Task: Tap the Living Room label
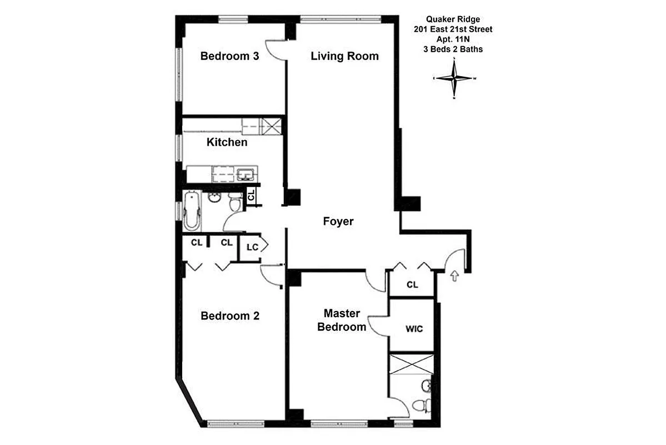(344, 56)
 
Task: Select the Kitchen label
(227, 142)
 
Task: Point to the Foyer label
(338, 221)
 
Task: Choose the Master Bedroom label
(342, 320)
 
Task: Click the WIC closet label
(414, 329)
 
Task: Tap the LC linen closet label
(252, 247)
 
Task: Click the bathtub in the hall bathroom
(192, 211)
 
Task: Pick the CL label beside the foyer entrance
(412, 285)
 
